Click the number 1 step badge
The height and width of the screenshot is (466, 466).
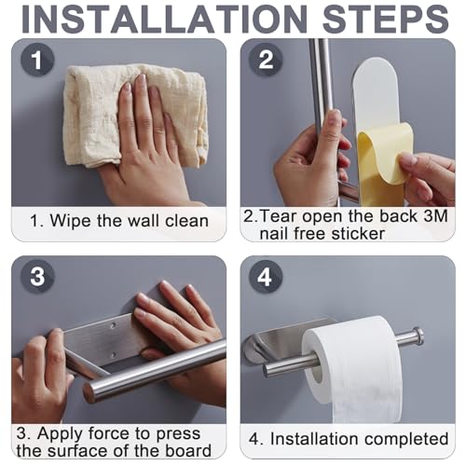pos(37,60)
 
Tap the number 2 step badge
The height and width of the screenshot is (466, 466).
pos(266,60)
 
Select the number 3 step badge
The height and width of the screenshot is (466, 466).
pos(37,276)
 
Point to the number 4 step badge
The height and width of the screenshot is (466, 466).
pos(266,276)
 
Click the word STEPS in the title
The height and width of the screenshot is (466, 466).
pos(386,19)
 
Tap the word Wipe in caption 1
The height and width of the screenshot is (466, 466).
pos(72,221)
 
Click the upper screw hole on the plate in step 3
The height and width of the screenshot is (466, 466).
pos(114,326)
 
